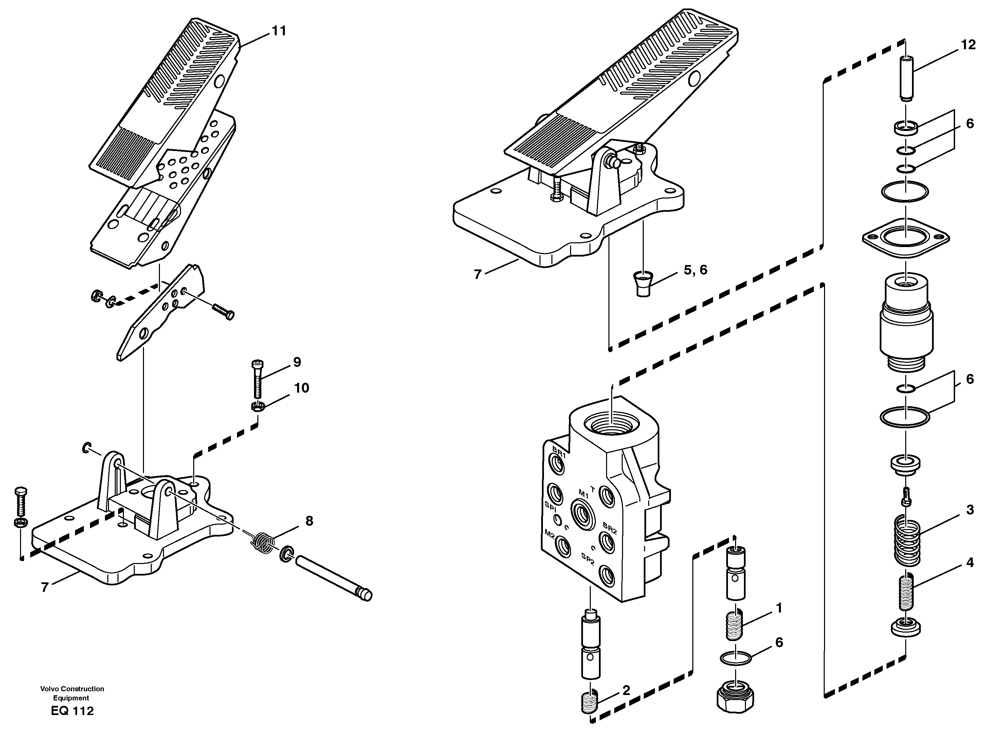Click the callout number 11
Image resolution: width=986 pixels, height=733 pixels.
tap(279, 31)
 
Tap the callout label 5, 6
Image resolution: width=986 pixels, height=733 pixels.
tap(695, 270)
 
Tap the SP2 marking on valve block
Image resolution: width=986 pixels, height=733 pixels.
tap(587, 560)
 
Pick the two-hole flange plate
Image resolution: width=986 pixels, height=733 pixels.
tap(905, 239)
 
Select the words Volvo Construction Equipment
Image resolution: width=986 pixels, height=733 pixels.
tap(72, 693)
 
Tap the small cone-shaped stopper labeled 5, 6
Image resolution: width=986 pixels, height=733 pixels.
tap(640, 284)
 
